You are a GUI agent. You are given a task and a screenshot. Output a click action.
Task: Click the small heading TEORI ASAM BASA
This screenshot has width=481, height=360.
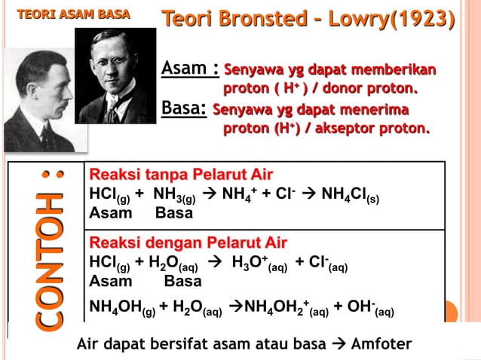[x=73, y=14]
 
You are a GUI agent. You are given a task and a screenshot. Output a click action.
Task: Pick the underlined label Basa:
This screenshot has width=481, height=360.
[x=184, y=110]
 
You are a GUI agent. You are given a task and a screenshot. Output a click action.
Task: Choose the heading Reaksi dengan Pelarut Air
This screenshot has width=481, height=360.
[x=188, y=243]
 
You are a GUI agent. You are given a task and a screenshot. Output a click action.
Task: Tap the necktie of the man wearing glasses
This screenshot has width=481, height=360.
[x=113, y=111]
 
